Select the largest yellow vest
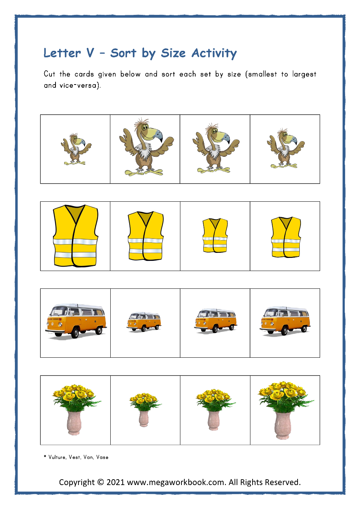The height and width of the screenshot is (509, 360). [x=75, y=236]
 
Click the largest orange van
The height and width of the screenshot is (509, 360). [x=75, y=321]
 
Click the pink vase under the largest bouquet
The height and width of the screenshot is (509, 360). [x=283, y=425]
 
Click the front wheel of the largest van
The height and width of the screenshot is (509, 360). [x=75, y=333]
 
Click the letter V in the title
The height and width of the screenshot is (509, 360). [x=90, y=53]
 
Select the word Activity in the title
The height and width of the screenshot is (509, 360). [x=214, y=54]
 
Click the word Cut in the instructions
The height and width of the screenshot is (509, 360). [x=49, y=74]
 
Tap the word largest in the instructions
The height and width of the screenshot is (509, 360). [x=304, y=74]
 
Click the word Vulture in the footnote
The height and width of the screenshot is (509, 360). [x=57, y=457]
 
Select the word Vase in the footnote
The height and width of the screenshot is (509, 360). [x=102, y=457]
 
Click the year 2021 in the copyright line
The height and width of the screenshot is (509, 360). [x=115, y=483]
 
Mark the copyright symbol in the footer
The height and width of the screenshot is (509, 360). [x=101, y=483]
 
